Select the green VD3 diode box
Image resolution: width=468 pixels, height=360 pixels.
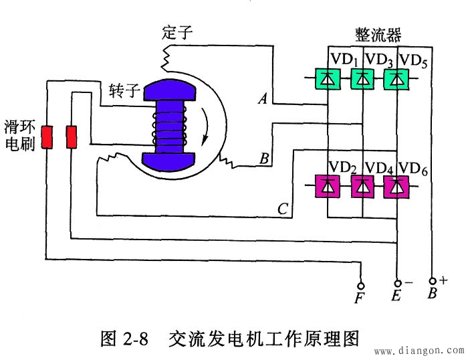click(x=362, y=80)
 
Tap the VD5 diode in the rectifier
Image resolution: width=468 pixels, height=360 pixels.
click(x=397, y=80)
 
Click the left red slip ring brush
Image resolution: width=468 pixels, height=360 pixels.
click(x=47, y=137)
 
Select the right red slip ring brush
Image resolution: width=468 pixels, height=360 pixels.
click(x=71, y=137)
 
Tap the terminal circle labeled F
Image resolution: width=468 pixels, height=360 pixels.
click(x=362, y=284)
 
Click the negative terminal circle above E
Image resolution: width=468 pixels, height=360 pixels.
click(x=398, y=284)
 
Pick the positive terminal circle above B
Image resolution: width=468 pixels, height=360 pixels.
click(x=433, y=282)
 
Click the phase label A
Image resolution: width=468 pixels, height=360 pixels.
click(x=263, y=100)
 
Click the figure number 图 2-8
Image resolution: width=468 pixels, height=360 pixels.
click(x=126, y=338)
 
